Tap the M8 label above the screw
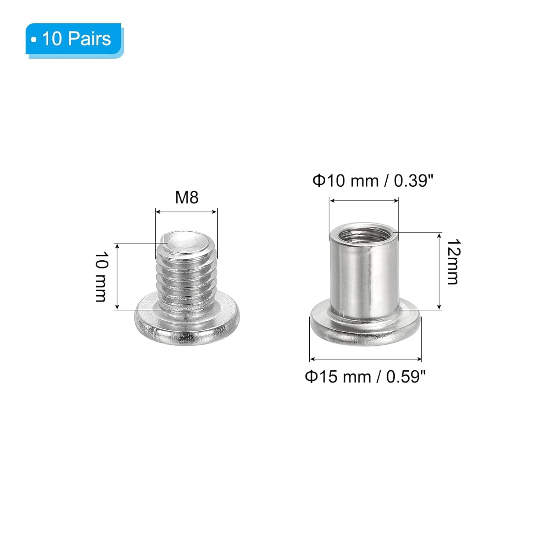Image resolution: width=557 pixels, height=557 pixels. (187, 198)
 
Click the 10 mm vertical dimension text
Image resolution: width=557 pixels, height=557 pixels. (101, 277)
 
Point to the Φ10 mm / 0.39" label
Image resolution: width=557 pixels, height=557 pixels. (373, 181)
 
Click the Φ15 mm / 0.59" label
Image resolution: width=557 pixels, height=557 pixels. (365, 377)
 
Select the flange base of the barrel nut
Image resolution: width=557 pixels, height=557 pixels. (365, 330)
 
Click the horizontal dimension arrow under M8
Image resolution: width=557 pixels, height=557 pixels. (186, 212)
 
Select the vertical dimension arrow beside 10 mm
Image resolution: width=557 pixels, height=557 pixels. (117, 277)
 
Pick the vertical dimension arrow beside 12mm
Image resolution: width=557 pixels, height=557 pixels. (439, 271)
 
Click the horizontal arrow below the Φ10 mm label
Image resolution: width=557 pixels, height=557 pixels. (364, 201)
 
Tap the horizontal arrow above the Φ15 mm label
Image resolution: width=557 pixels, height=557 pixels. (365, 359)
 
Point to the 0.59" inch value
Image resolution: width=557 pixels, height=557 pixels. (405, 377)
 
